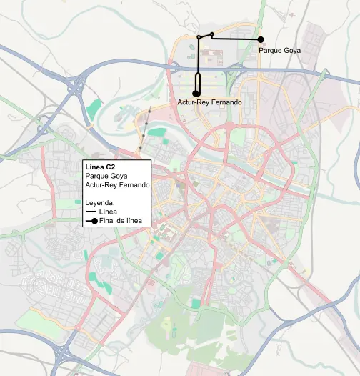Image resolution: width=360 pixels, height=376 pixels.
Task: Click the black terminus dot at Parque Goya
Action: coord(261,39)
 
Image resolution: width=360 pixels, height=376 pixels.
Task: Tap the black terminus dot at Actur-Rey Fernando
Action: coord(196,93)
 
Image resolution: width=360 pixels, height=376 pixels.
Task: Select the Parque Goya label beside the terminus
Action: coord(281,51)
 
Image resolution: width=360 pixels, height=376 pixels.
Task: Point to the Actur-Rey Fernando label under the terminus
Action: coord(209,103)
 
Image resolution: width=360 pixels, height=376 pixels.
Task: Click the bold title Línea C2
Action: coord(101,167)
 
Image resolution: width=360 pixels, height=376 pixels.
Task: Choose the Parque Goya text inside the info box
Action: coord(105,176)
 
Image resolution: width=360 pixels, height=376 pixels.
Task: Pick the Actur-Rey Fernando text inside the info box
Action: coord(116,185)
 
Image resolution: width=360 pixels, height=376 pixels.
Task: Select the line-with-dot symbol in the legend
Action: coord(91,222)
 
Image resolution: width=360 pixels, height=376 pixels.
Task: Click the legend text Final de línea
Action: coord(122,222)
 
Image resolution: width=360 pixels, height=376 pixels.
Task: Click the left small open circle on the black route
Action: coord(199,37)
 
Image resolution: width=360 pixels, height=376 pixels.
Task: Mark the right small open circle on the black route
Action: coord(212,34)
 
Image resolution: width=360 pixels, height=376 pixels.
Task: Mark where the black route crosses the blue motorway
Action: coord(197,66)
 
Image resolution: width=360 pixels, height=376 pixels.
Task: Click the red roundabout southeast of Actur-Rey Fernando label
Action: coord(231,124)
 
